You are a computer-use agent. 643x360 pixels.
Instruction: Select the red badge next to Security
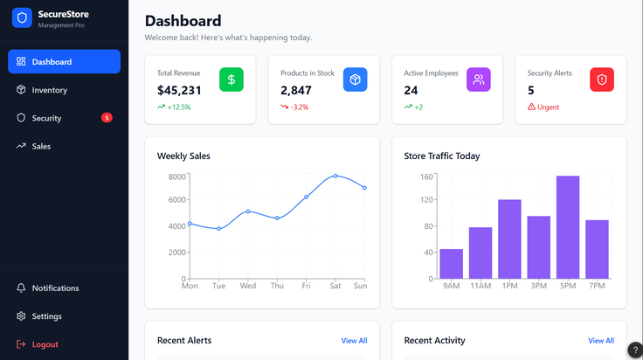107,118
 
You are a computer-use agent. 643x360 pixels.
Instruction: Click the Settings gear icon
21,316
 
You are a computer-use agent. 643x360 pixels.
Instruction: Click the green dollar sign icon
232,80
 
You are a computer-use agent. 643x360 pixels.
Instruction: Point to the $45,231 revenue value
179,90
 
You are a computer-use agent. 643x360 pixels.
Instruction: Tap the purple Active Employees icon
479,80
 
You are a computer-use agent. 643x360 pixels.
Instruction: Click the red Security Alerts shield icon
602,80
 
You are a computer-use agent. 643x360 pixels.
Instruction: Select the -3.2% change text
300,107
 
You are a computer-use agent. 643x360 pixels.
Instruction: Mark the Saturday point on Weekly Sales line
335,176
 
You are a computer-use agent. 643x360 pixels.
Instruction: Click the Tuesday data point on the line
219,229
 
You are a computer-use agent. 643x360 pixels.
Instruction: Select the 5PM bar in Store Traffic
568,227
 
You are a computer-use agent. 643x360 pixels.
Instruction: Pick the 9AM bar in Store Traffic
452,264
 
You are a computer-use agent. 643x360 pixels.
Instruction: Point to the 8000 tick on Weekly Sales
177,177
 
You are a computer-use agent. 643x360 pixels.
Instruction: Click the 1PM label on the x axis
509,286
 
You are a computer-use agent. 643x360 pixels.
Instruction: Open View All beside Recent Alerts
355,341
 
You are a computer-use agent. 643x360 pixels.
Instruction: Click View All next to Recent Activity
601,341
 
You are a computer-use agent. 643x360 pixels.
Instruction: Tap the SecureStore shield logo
22,18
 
